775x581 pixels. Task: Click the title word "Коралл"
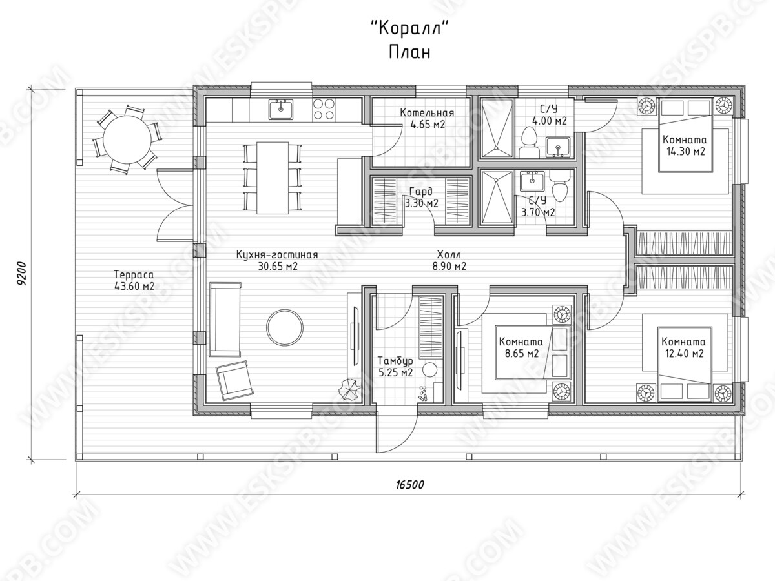point(410,28)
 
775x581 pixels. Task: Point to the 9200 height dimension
point(22,273)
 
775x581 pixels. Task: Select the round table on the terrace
point(127,139)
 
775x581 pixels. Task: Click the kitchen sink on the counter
point(281,109)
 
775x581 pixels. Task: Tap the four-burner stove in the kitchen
point(324,109)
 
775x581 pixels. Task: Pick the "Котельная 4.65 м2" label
point(427,119)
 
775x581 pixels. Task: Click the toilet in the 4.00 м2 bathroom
point(528,143)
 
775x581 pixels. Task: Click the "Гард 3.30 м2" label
point(422,198)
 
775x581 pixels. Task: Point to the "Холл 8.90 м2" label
point(449,260)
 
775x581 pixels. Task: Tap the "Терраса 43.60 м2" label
point(134,280)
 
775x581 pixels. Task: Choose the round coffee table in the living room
point(285,327)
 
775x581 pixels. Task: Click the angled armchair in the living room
point(234,380)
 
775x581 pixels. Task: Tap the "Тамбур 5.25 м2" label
point(395,367)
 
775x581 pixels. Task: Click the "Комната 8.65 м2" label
point(521,347)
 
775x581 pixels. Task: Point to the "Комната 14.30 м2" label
point(685,145)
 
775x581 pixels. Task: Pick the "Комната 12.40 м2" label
point(684,347)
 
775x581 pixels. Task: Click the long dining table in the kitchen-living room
point(273,178)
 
